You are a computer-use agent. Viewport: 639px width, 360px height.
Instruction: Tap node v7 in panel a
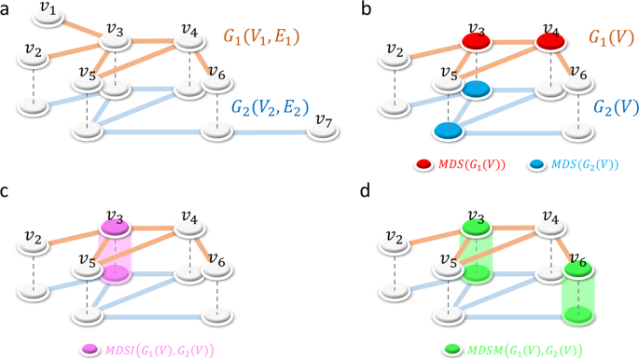324,128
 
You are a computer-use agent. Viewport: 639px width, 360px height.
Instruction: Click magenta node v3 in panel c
115,228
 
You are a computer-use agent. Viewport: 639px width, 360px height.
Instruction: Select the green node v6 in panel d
578,271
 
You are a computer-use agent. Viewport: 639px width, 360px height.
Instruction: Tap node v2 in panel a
35,55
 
